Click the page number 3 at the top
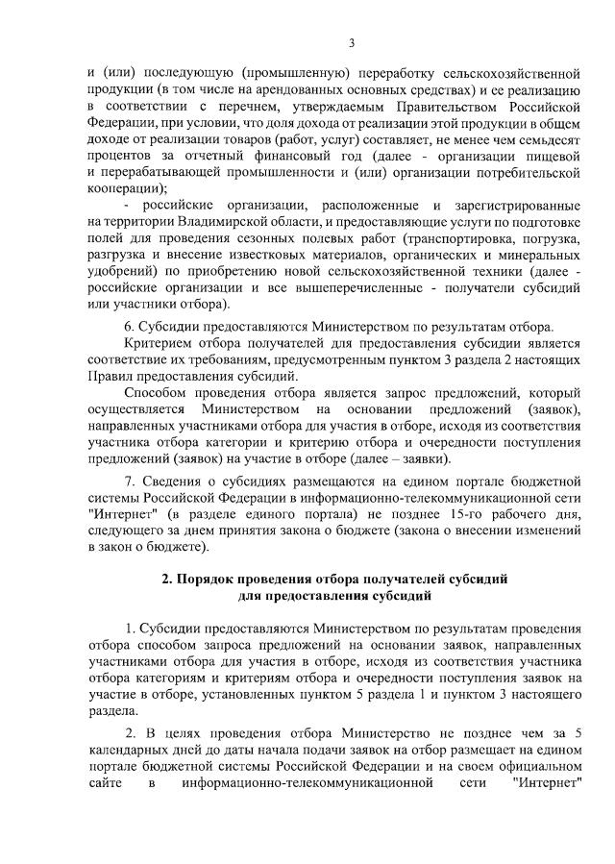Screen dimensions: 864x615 (351, 43)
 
